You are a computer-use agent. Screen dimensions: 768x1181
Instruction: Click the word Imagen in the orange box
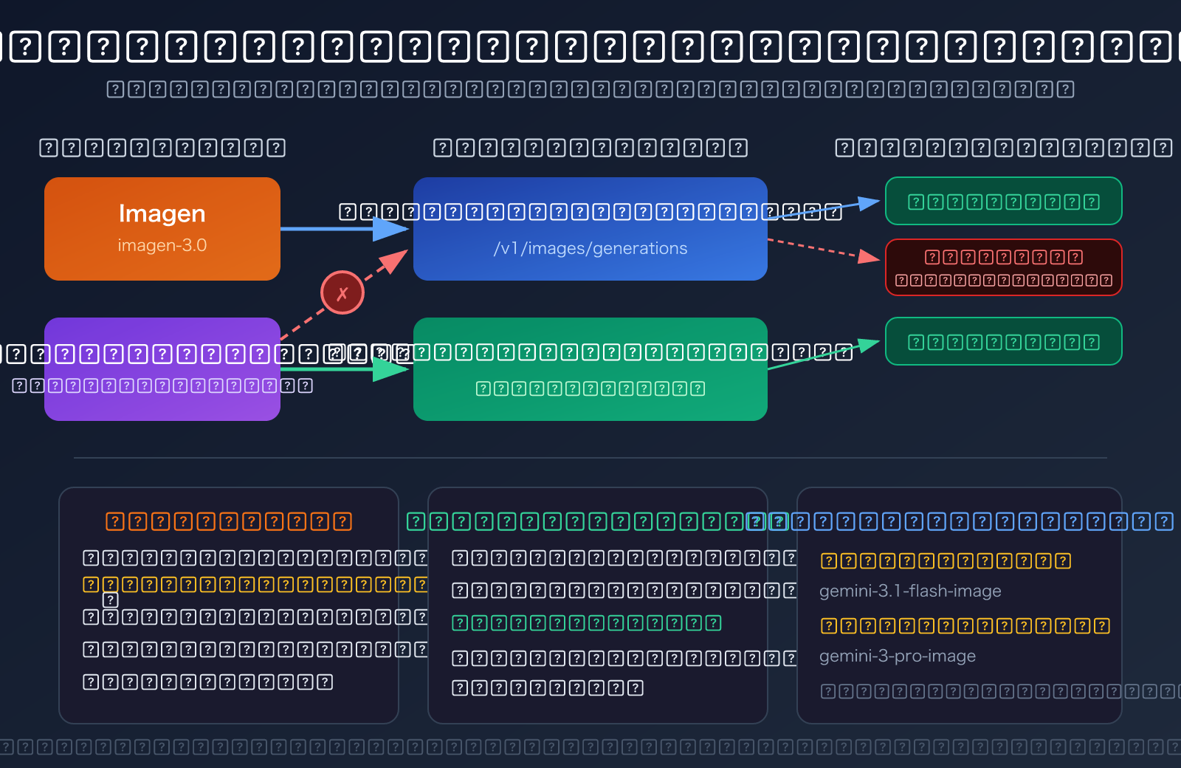[162, 213]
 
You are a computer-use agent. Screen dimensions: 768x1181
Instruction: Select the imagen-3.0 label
[162, 245]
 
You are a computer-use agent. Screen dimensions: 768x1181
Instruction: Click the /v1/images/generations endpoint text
[590, 248]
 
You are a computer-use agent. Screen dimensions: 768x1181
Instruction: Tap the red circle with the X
[342, 292]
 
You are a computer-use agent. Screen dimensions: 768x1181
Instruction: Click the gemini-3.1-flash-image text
[909, 591]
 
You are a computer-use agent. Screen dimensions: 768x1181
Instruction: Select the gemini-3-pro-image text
[897, 656]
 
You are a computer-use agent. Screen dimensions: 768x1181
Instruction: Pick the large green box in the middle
[590, 402]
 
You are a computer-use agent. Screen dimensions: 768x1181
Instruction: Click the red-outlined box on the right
[1003, 267]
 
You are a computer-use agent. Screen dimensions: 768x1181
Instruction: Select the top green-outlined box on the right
[1003, 201]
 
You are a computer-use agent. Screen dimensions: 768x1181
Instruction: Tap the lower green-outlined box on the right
[1003, 341]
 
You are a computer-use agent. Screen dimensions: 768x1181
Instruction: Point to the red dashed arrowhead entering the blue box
[396, 260]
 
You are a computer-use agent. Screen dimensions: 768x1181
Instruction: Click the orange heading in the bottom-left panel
[228, 521]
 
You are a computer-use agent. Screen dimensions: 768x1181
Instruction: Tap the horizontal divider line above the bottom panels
[590, 458]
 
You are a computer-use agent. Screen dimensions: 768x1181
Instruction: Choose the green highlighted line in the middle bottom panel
[586, 623]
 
